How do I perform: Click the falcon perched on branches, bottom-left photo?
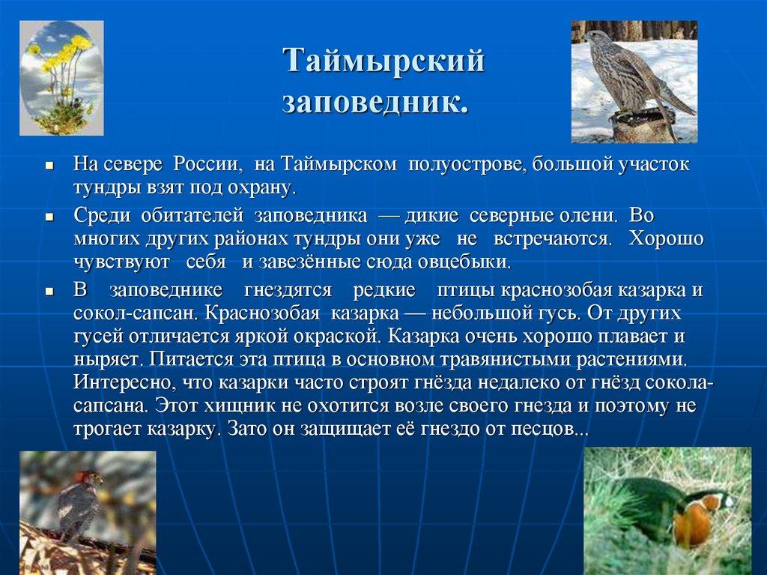coord(80,502)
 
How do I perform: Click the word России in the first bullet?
coord(206,164)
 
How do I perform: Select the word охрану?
coord(262,187)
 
